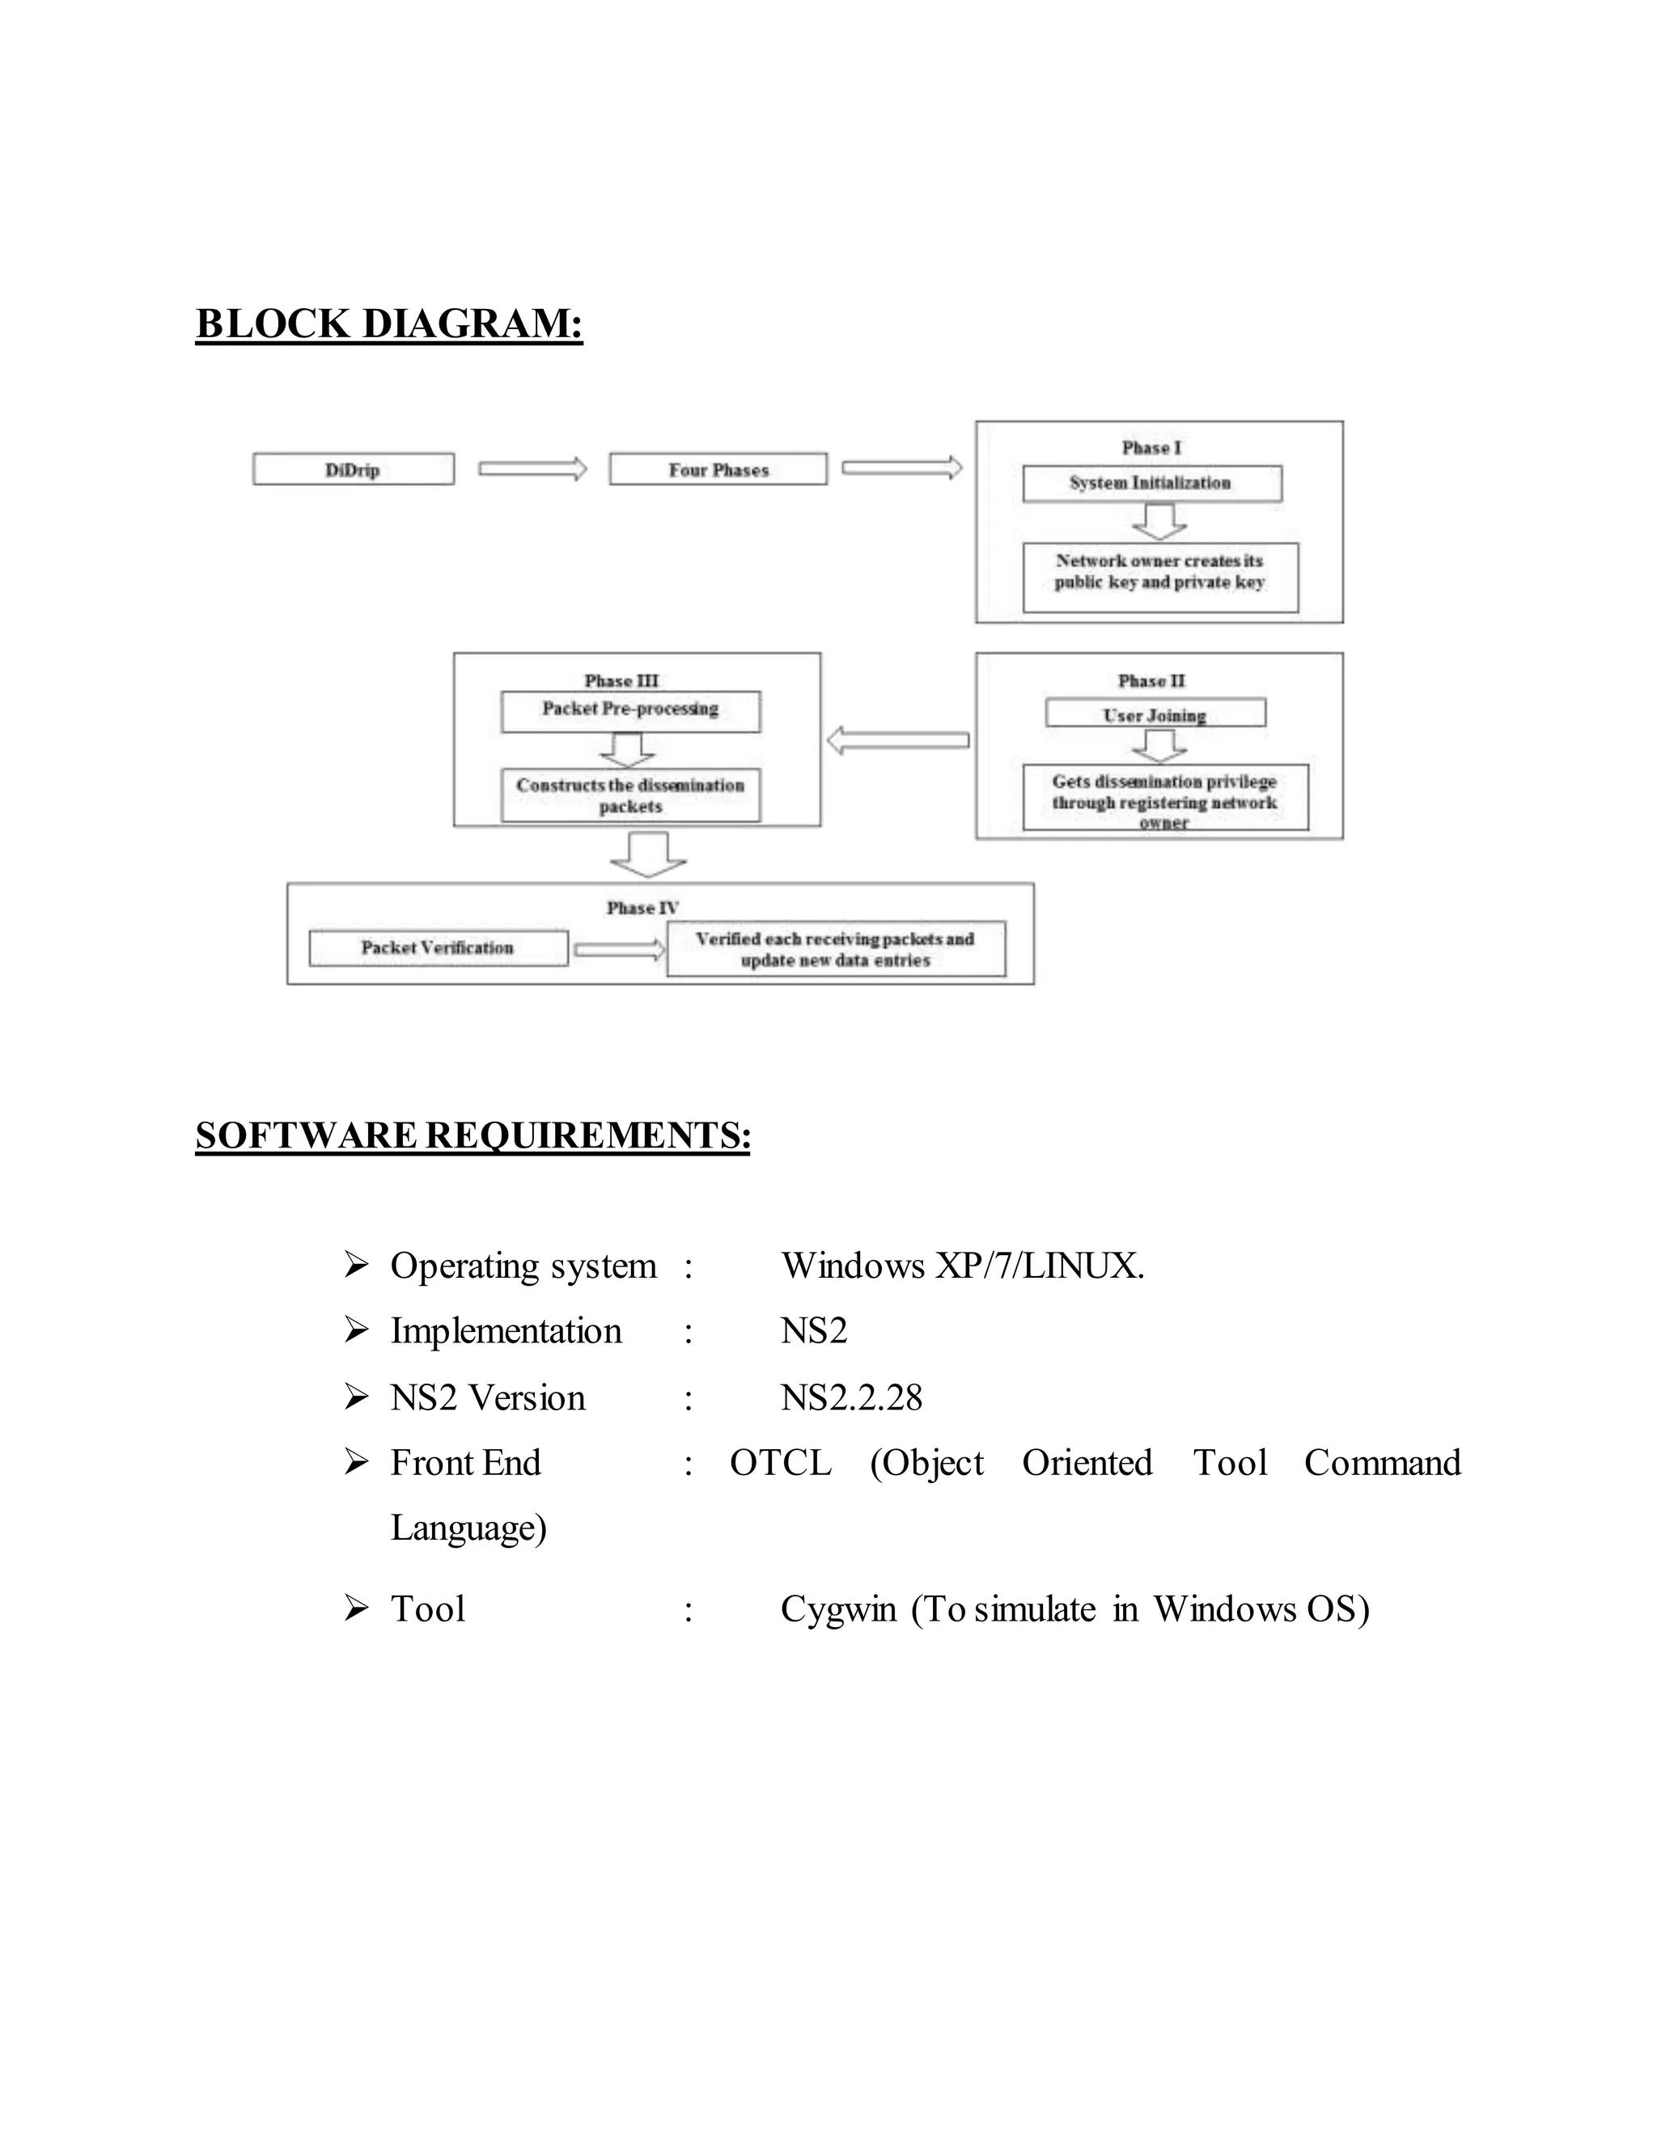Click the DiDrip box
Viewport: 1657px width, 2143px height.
(353, 469)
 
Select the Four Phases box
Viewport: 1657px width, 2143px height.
(718, 469)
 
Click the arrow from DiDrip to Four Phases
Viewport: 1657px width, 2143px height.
(532, 469)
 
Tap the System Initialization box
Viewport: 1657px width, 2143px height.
(1151, 483)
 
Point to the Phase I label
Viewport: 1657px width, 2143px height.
(1151, 447)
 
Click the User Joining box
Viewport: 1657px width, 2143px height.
(1155, 713)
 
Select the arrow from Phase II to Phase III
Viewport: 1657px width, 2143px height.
(897, 740)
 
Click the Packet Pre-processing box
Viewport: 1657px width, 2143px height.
(630, 710)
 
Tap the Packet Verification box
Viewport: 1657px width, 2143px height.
(438, 948)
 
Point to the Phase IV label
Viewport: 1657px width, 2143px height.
(642, 907)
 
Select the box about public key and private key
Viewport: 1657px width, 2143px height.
(1159, 577)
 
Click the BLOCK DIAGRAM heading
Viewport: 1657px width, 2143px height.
(388, 323)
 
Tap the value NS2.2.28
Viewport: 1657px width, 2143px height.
(851, 1397)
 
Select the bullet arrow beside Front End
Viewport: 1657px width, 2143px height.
(355, 1463)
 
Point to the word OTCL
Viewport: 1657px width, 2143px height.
(781, 1463)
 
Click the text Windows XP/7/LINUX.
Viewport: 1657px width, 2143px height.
(962, 1266)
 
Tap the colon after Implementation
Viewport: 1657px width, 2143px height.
(689, 1332)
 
